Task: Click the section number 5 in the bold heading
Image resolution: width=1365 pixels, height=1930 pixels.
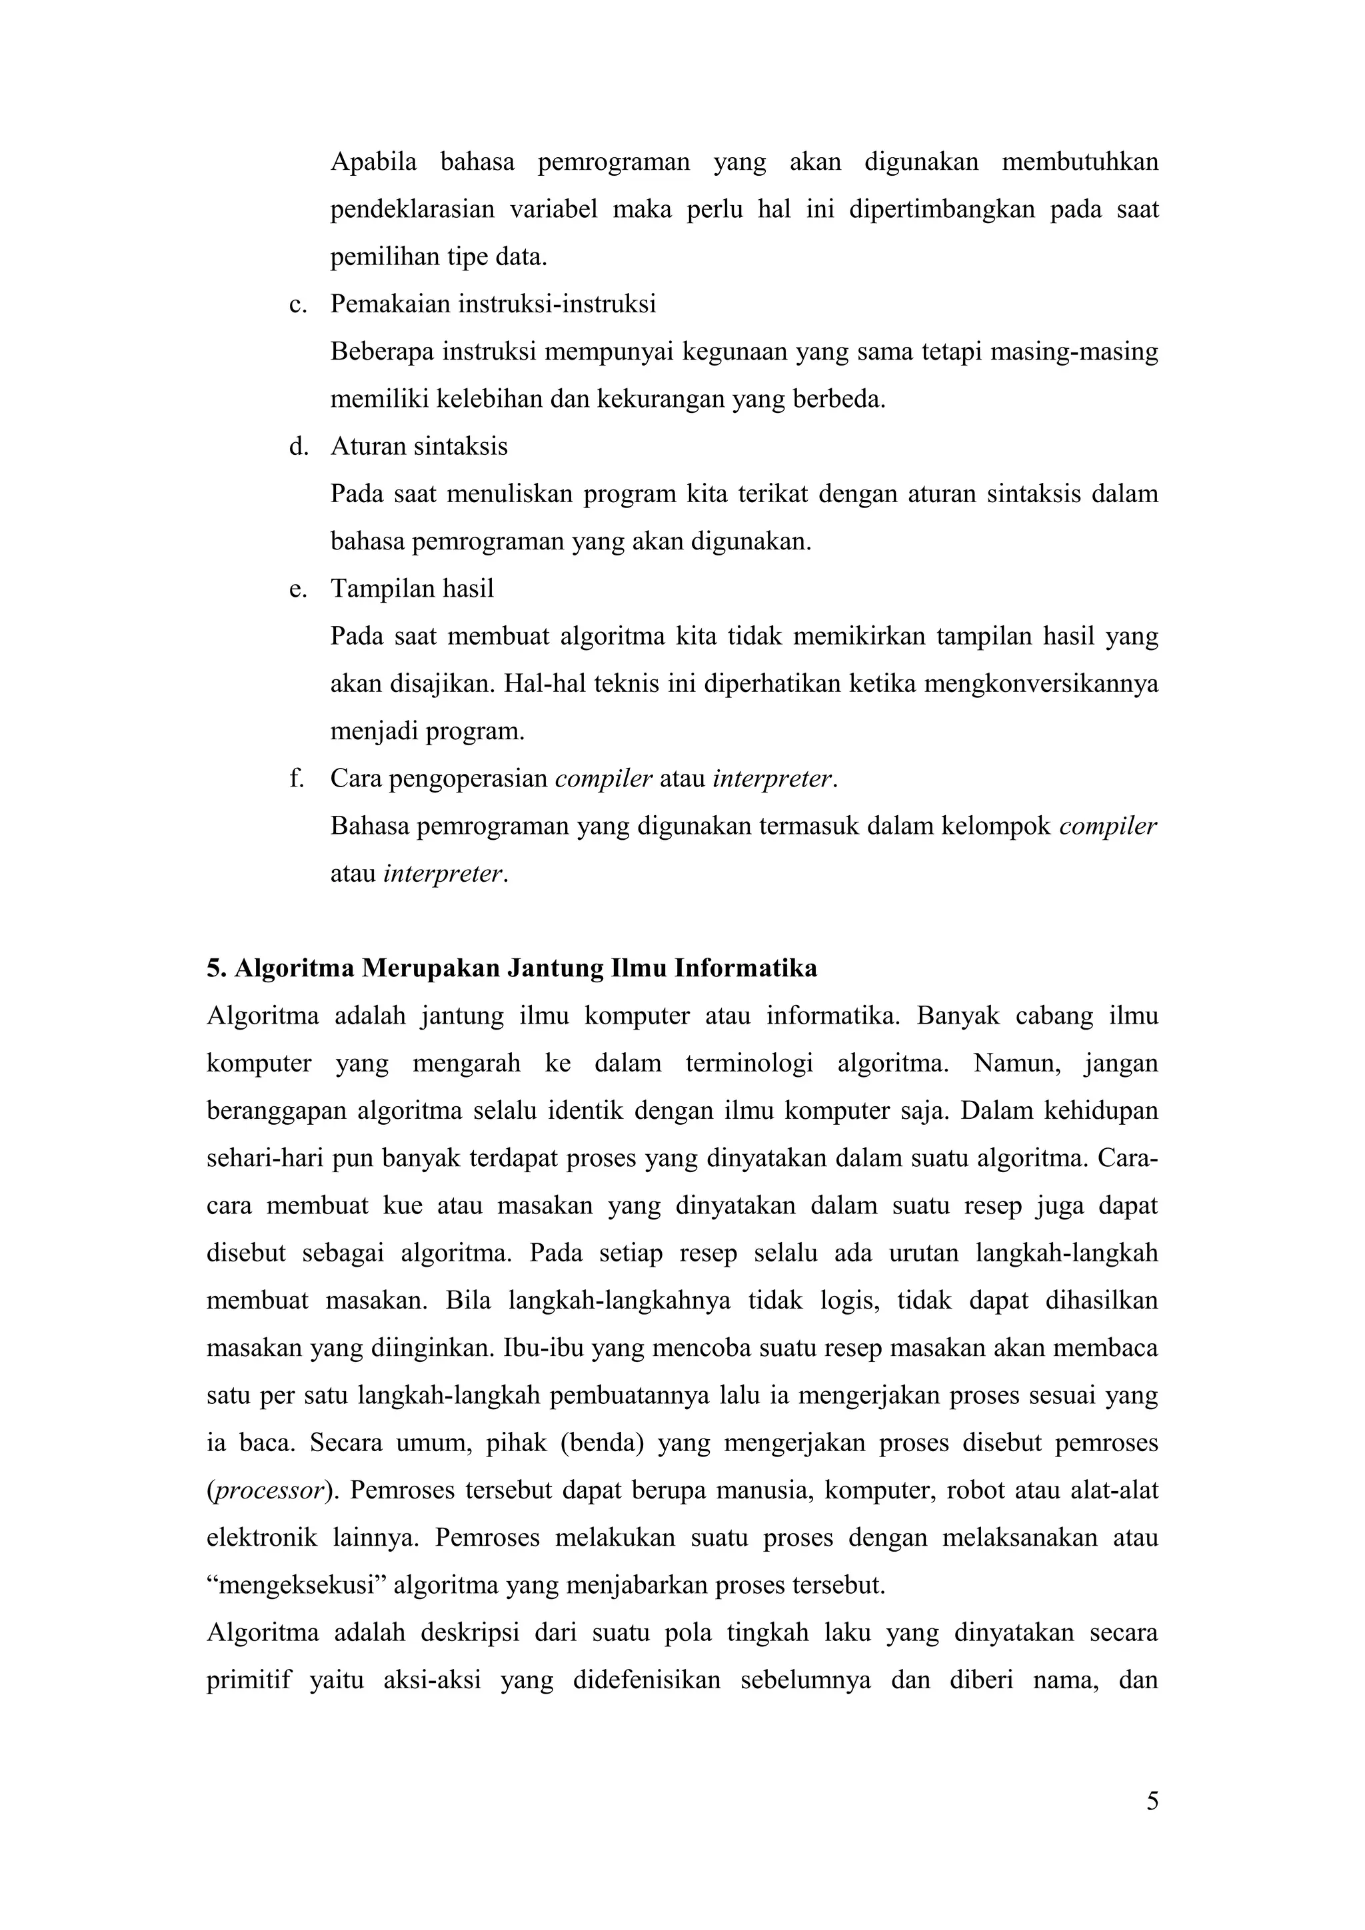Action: coord(213,968)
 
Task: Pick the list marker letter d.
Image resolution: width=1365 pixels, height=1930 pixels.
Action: coord(296,446)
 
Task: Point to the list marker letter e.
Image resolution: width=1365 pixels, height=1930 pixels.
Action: coord(295,589)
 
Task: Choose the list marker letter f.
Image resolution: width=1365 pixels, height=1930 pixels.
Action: coord(295,779)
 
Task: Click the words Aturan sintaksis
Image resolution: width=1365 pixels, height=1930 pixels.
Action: coord(419,446)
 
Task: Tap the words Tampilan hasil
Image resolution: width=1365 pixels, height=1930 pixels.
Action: coord(412,589)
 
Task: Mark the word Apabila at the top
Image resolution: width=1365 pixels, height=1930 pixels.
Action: coord(373,161)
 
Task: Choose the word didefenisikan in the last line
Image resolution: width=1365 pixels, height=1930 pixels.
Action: coord(646,1680)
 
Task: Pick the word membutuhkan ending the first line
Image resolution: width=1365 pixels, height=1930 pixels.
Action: coord(1080,161)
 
